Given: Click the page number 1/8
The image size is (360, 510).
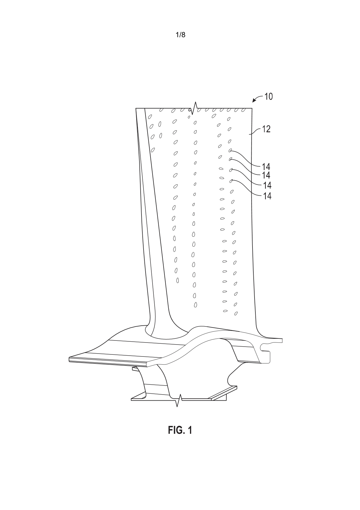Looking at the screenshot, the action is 180,35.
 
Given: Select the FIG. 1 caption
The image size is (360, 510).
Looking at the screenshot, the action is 180,430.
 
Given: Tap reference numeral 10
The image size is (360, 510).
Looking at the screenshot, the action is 268,97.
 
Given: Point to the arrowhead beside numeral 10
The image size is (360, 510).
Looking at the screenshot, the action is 254,101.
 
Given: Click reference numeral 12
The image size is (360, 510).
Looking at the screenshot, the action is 266,129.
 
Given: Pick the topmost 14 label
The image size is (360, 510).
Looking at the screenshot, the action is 266,167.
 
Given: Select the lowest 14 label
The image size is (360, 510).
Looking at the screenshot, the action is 267,196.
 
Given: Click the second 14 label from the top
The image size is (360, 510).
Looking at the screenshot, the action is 266,175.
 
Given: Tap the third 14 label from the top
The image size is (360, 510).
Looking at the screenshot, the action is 267,185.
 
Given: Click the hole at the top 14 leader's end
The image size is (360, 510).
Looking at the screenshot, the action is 230,150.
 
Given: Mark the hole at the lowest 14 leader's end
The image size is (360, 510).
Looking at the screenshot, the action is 231,181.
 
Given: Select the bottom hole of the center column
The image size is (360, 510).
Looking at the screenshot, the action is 196,305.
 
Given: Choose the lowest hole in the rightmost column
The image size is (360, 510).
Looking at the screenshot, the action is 236,313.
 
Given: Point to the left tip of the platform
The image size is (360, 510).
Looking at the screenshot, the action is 69,359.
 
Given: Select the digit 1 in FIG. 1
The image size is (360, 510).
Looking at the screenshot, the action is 189,430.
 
